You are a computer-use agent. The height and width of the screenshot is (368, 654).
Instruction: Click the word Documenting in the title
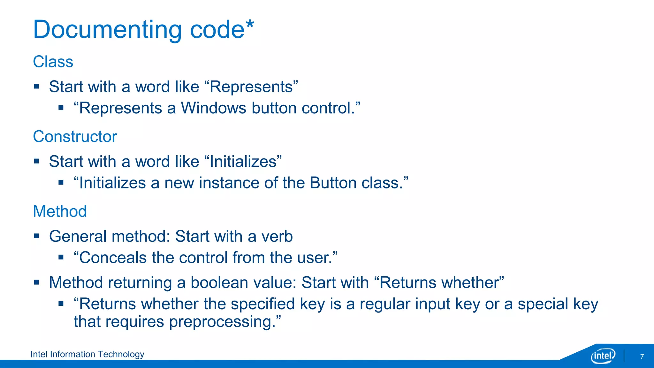coord(107,30)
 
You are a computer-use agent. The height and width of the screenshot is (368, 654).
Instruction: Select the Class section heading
coord(53,62)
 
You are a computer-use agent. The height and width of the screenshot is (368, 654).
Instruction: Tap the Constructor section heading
coord(75,137)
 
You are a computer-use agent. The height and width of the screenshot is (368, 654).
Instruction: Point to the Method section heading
coord(60,211)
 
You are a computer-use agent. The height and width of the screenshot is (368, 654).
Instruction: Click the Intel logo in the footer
coord(603,356)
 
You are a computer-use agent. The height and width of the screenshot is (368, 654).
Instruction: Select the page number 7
coord(642,356)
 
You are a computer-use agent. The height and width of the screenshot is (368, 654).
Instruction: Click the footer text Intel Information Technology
coord(87,354)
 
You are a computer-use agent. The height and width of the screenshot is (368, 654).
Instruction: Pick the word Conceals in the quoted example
coord(113,258)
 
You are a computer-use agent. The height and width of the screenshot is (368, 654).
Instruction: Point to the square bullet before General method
coord(36,236)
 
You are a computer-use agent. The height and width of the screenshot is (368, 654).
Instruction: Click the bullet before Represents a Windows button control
coord(61,108)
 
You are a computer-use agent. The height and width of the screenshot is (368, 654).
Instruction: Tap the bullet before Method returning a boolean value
coord(36,282)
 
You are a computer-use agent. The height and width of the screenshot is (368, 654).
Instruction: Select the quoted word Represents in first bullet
coord(251,87)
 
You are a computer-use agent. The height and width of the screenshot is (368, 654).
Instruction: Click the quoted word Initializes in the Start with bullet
coord(243,162)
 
